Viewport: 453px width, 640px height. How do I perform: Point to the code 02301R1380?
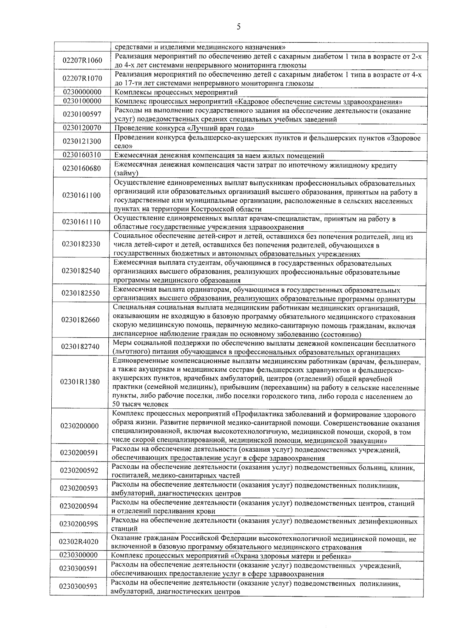80,382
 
